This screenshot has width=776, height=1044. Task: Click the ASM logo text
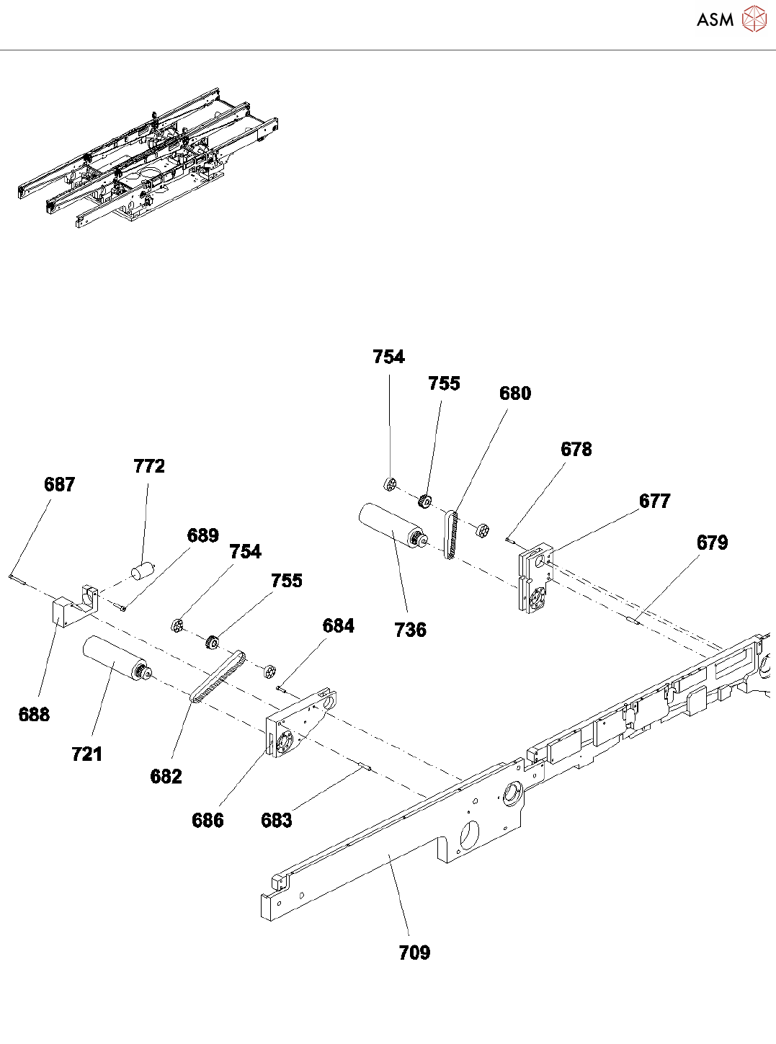715,20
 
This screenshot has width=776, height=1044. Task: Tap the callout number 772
149,466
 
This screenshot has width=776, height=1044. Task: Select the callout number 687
59,484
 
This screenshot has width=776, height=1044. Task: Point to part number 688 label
34,714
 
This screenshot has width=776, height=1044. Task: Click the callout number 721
87,754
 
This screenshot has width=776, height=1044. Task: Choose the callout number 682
166,776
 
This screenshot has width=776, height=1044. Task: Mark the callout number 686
208,820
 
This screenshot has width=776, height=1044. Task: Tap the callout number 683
277,820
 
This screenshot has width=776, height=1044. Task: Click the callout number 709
414,952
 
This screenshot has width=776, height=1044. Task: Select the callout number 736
411,630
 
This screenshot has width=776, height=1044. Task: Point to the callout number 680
515,393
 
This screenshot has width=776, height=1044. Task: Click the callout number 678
576,450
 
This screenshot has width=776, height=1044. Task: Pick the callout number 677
655,501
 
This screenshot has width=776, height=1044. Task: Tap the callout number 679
713,543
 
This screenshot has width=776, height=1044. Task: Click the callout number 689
203,535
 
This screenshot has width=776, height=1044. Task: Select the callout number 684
339,625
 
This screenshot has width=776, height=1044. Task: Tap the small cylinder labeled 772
143,570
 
